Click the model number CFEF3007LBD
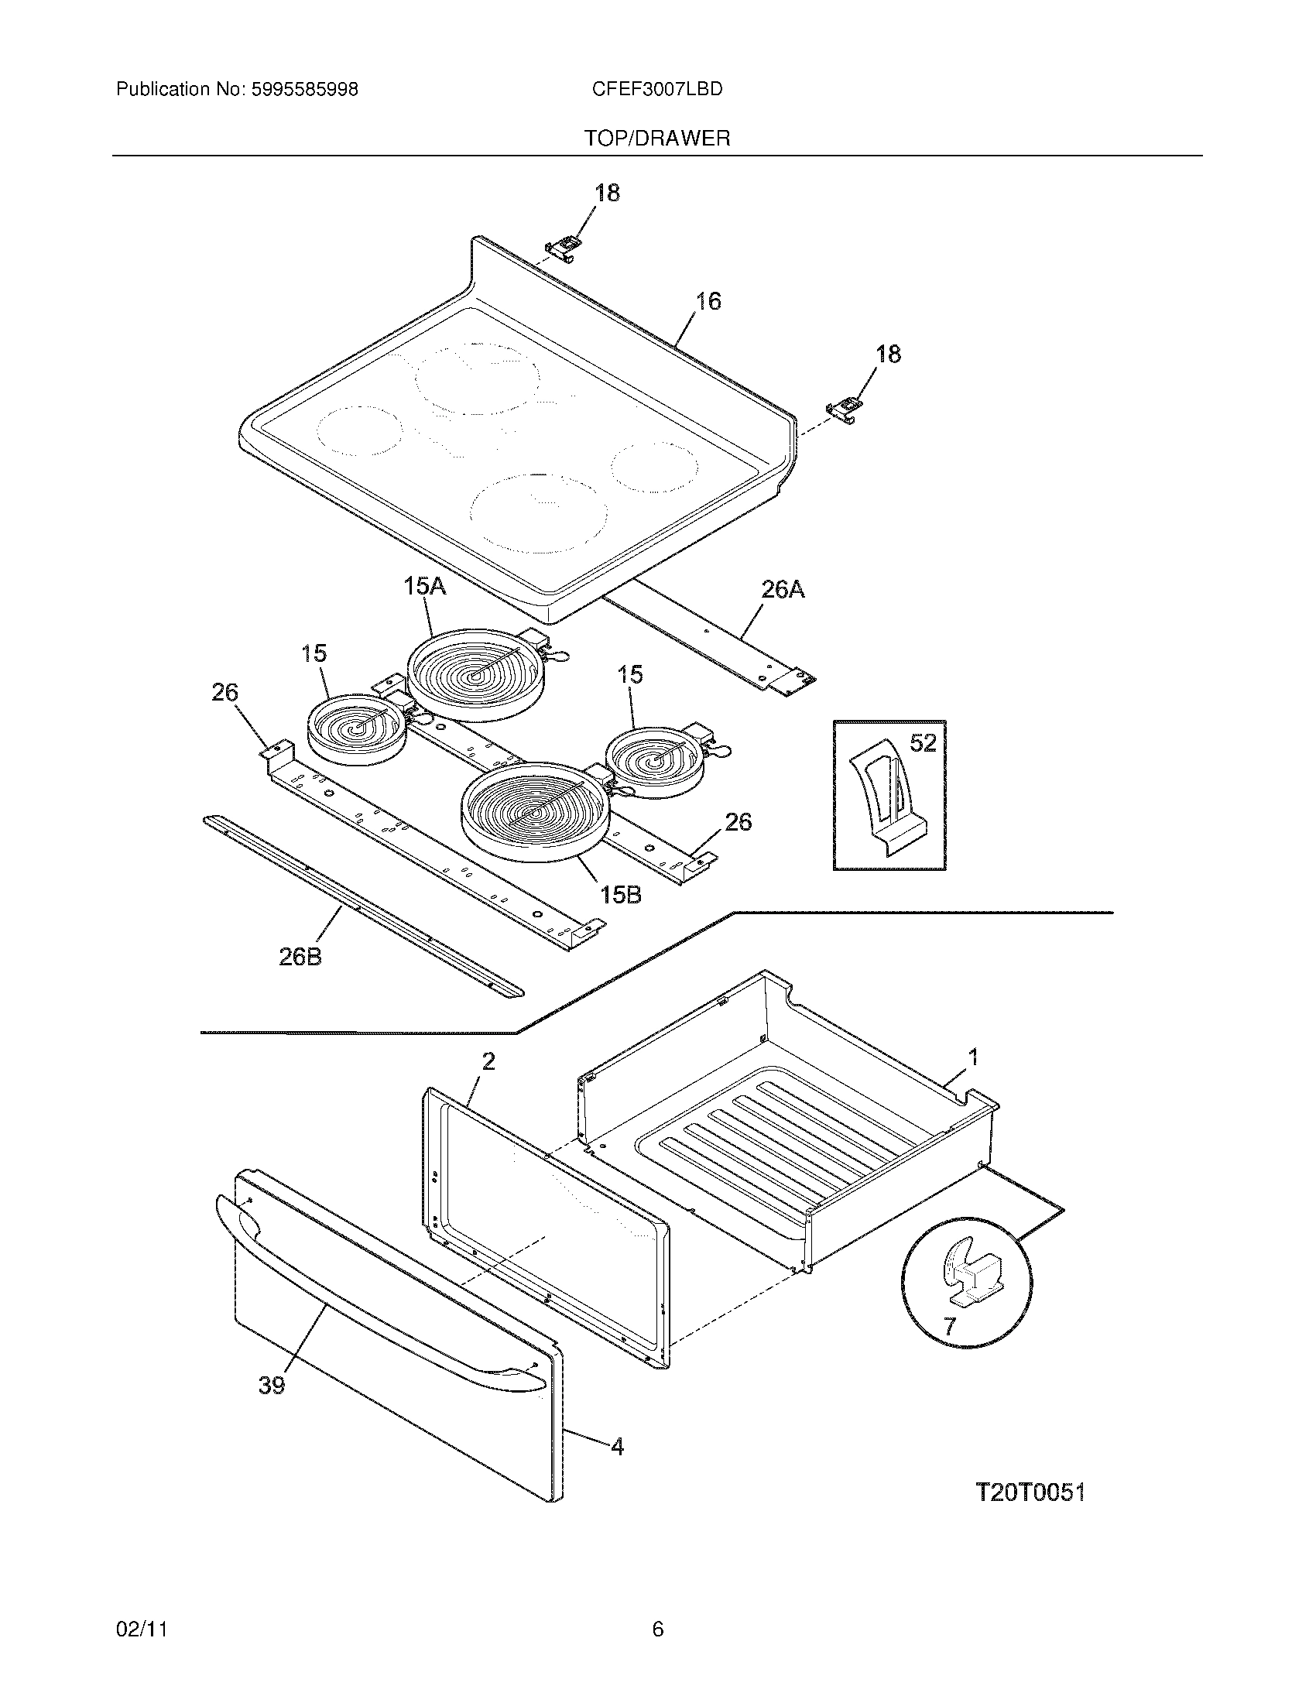[x=656, y=89]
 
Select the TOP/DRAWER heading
[x=657, y=139]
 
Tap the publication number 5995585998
[x=305, y=90]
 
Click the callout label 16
[x=708, y=301]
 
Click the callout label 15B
[x=621, y=894]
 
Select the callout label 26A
[x=783, y=591]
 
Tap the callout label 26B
[x=300, y=957]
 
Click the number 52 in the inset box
[x=922, y=743]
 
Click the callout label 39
[x=271, y=1386]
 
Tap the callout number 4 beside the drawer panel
[x=617, y=1448]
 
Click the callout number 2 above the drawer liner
[x=488, y=1061]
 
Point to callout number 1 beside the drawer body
[x=972, y=1057]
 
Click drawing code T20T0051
[x=1030, y=1492]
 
